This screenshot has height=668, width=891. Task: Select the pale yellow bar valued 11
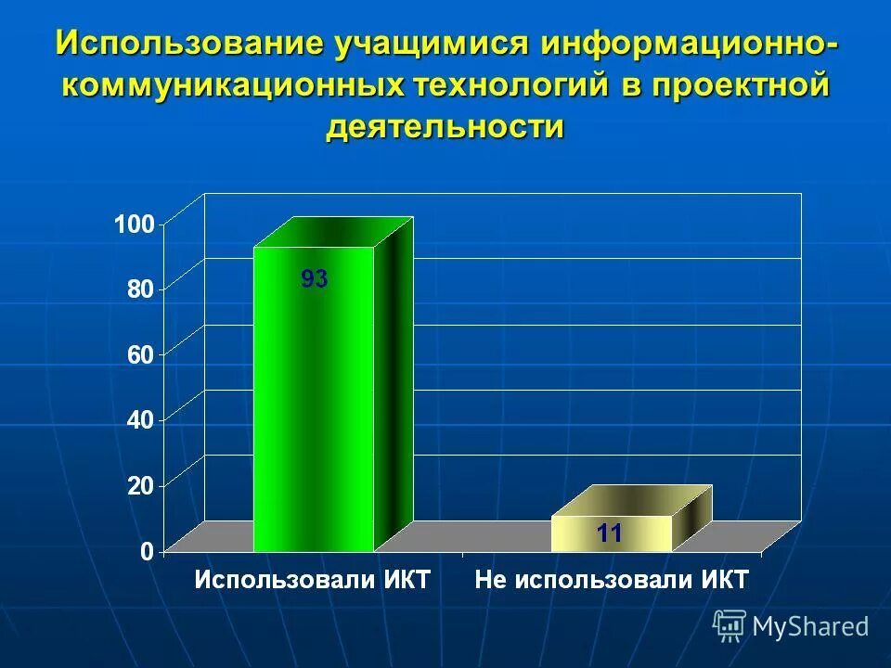pos(611,533)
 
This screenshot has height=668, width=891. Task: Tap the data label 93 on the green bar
pos(314,279)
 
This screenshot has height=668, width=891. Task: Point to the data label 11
pos(609,533)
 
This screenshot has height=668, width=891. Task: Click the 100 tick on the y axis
pos(134,224)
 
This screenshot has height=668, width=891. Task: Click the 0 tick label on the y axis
pos(147,551)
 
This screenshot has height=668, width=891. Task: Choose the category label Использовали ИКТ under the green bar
pos(313,581)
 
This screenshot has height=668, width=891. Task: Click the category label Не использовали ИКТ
pos(612,581)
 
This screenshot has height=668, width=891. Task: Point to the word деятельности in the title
pos(445,127)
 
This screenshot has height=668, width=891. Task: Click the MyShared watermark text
pos(810,626)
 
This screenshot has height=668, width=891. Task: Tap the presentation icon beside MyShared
pos(730,625)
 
